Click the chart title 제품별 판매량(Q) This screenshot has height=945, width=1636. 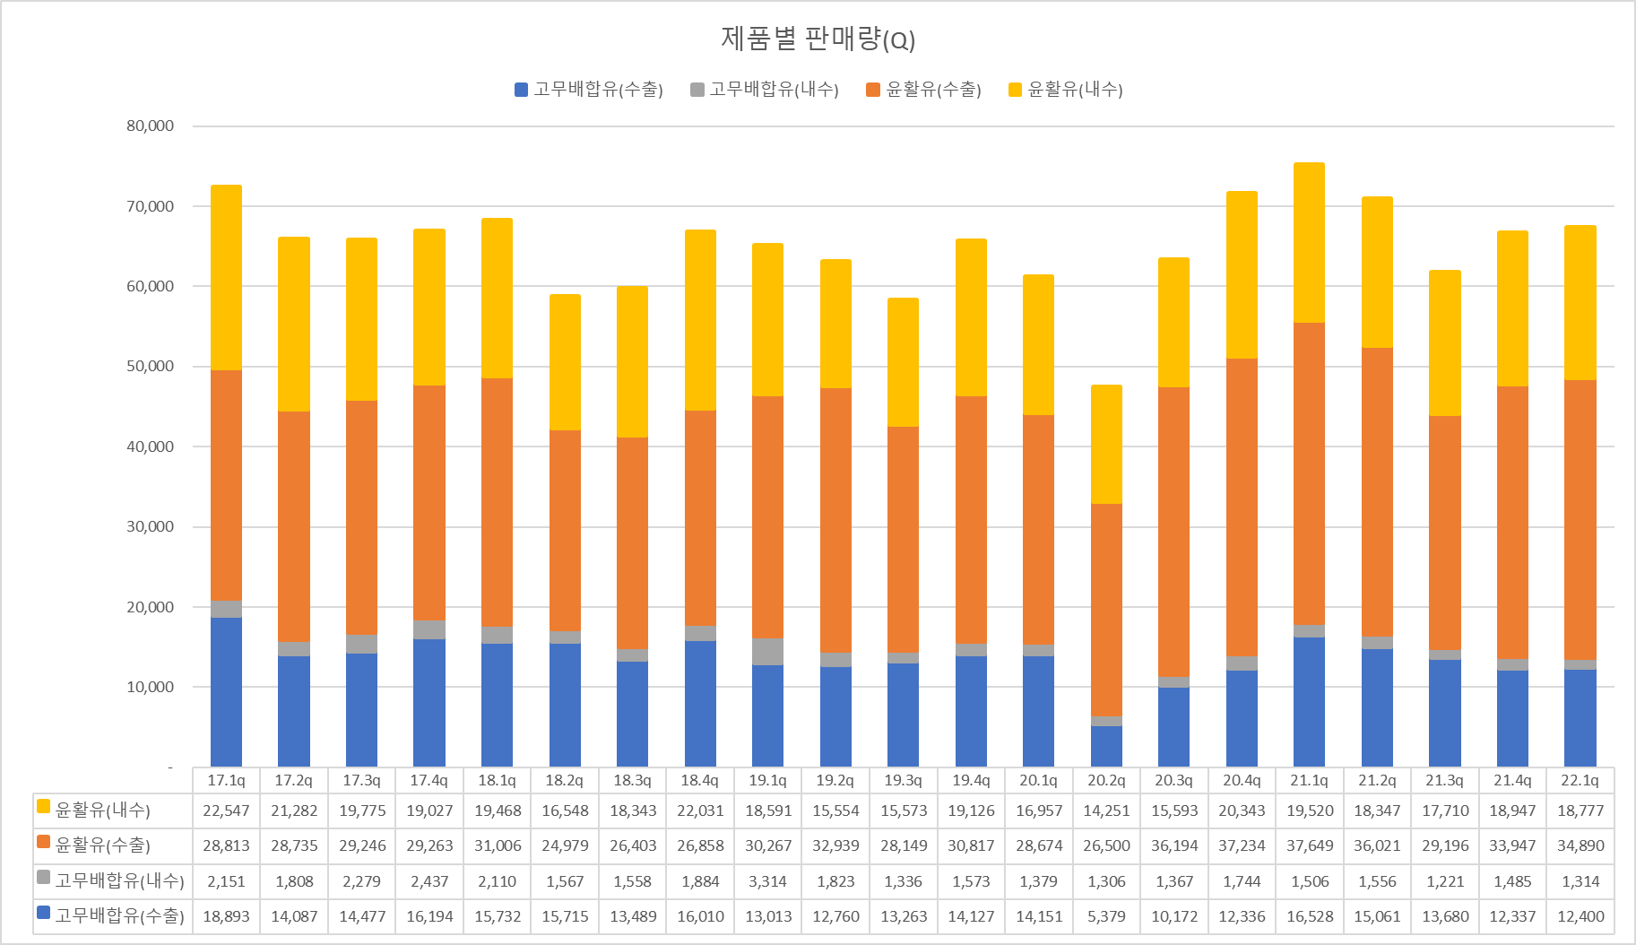(818, 39)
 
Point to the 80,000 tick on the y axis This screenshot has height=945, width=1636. (151, 126)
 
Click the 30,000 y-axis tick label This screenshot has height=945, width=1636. (151, 526)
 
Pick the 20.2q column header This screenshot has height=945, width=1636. (1106, 780)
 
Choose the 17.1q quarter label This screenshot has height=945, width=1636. (226, 780)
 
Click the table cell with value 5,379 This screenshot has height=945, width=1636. (1106, 916)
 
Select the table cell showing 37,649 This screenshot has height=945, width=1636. (1310, 845)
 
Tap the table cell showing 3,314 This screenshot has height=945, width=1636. (768, 881)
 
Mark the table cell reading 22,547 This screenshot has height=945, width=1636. (226, 811)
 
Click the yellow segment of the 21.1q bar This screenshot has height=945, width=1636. (1309, 242)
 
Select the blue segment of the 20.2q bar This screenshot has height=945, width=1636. (1106, 746)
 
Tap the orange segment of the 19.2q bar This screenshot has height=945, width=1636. (835, 520)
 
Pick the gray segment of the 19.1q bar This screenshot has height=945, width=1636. (767, 652)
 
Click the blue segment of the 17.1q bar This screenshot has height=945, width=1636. (226, 690)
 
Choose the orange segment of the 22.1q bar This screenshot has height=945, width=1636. (1580, 520)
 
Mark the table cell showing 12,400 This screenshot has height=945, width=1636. (1580, 916)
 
